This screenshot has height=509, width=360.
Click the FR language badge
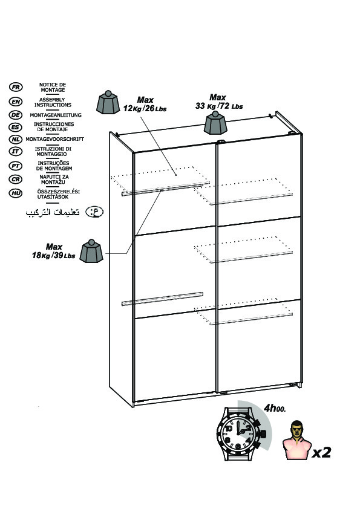click(16, 87)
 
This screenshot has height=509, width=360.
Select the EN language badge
click(16, 102)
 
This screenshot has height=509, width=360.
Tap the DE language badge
click(16, 115)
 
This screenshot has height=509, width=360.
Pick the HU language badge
click(16, 193)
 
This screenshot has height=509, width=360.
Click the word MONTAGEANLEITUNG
click(56, 115)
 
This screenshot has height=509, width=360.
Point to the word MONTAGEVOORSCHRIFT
click(55, 139)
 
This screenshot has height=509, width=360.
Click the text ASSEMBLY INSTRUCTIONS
click(53, 102)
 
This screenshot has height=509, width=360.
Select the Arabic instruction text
click(53, 212)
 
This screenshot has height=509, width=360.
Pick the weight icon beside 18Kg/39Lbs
click(91, 251)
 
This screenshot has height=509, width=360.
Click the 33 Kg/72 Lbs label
click(219, 106)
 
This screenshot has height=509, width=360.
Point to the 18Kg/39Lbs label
click(54, 256)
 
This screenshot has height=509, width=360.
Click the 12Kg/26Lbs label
click(145, 108)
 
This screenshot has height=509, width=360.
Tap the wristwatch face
click(238, 433)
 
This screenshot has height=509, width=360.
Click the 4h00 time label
click(275, 408)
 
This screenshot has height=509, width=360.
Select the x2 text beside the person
click(322, 452)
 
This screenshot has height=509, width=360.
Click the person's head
click(296, 428)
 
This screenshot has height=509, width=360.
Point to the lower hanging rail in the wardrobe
click(162, 299)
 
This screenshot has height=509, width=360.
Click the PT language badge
click(16, 166)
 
